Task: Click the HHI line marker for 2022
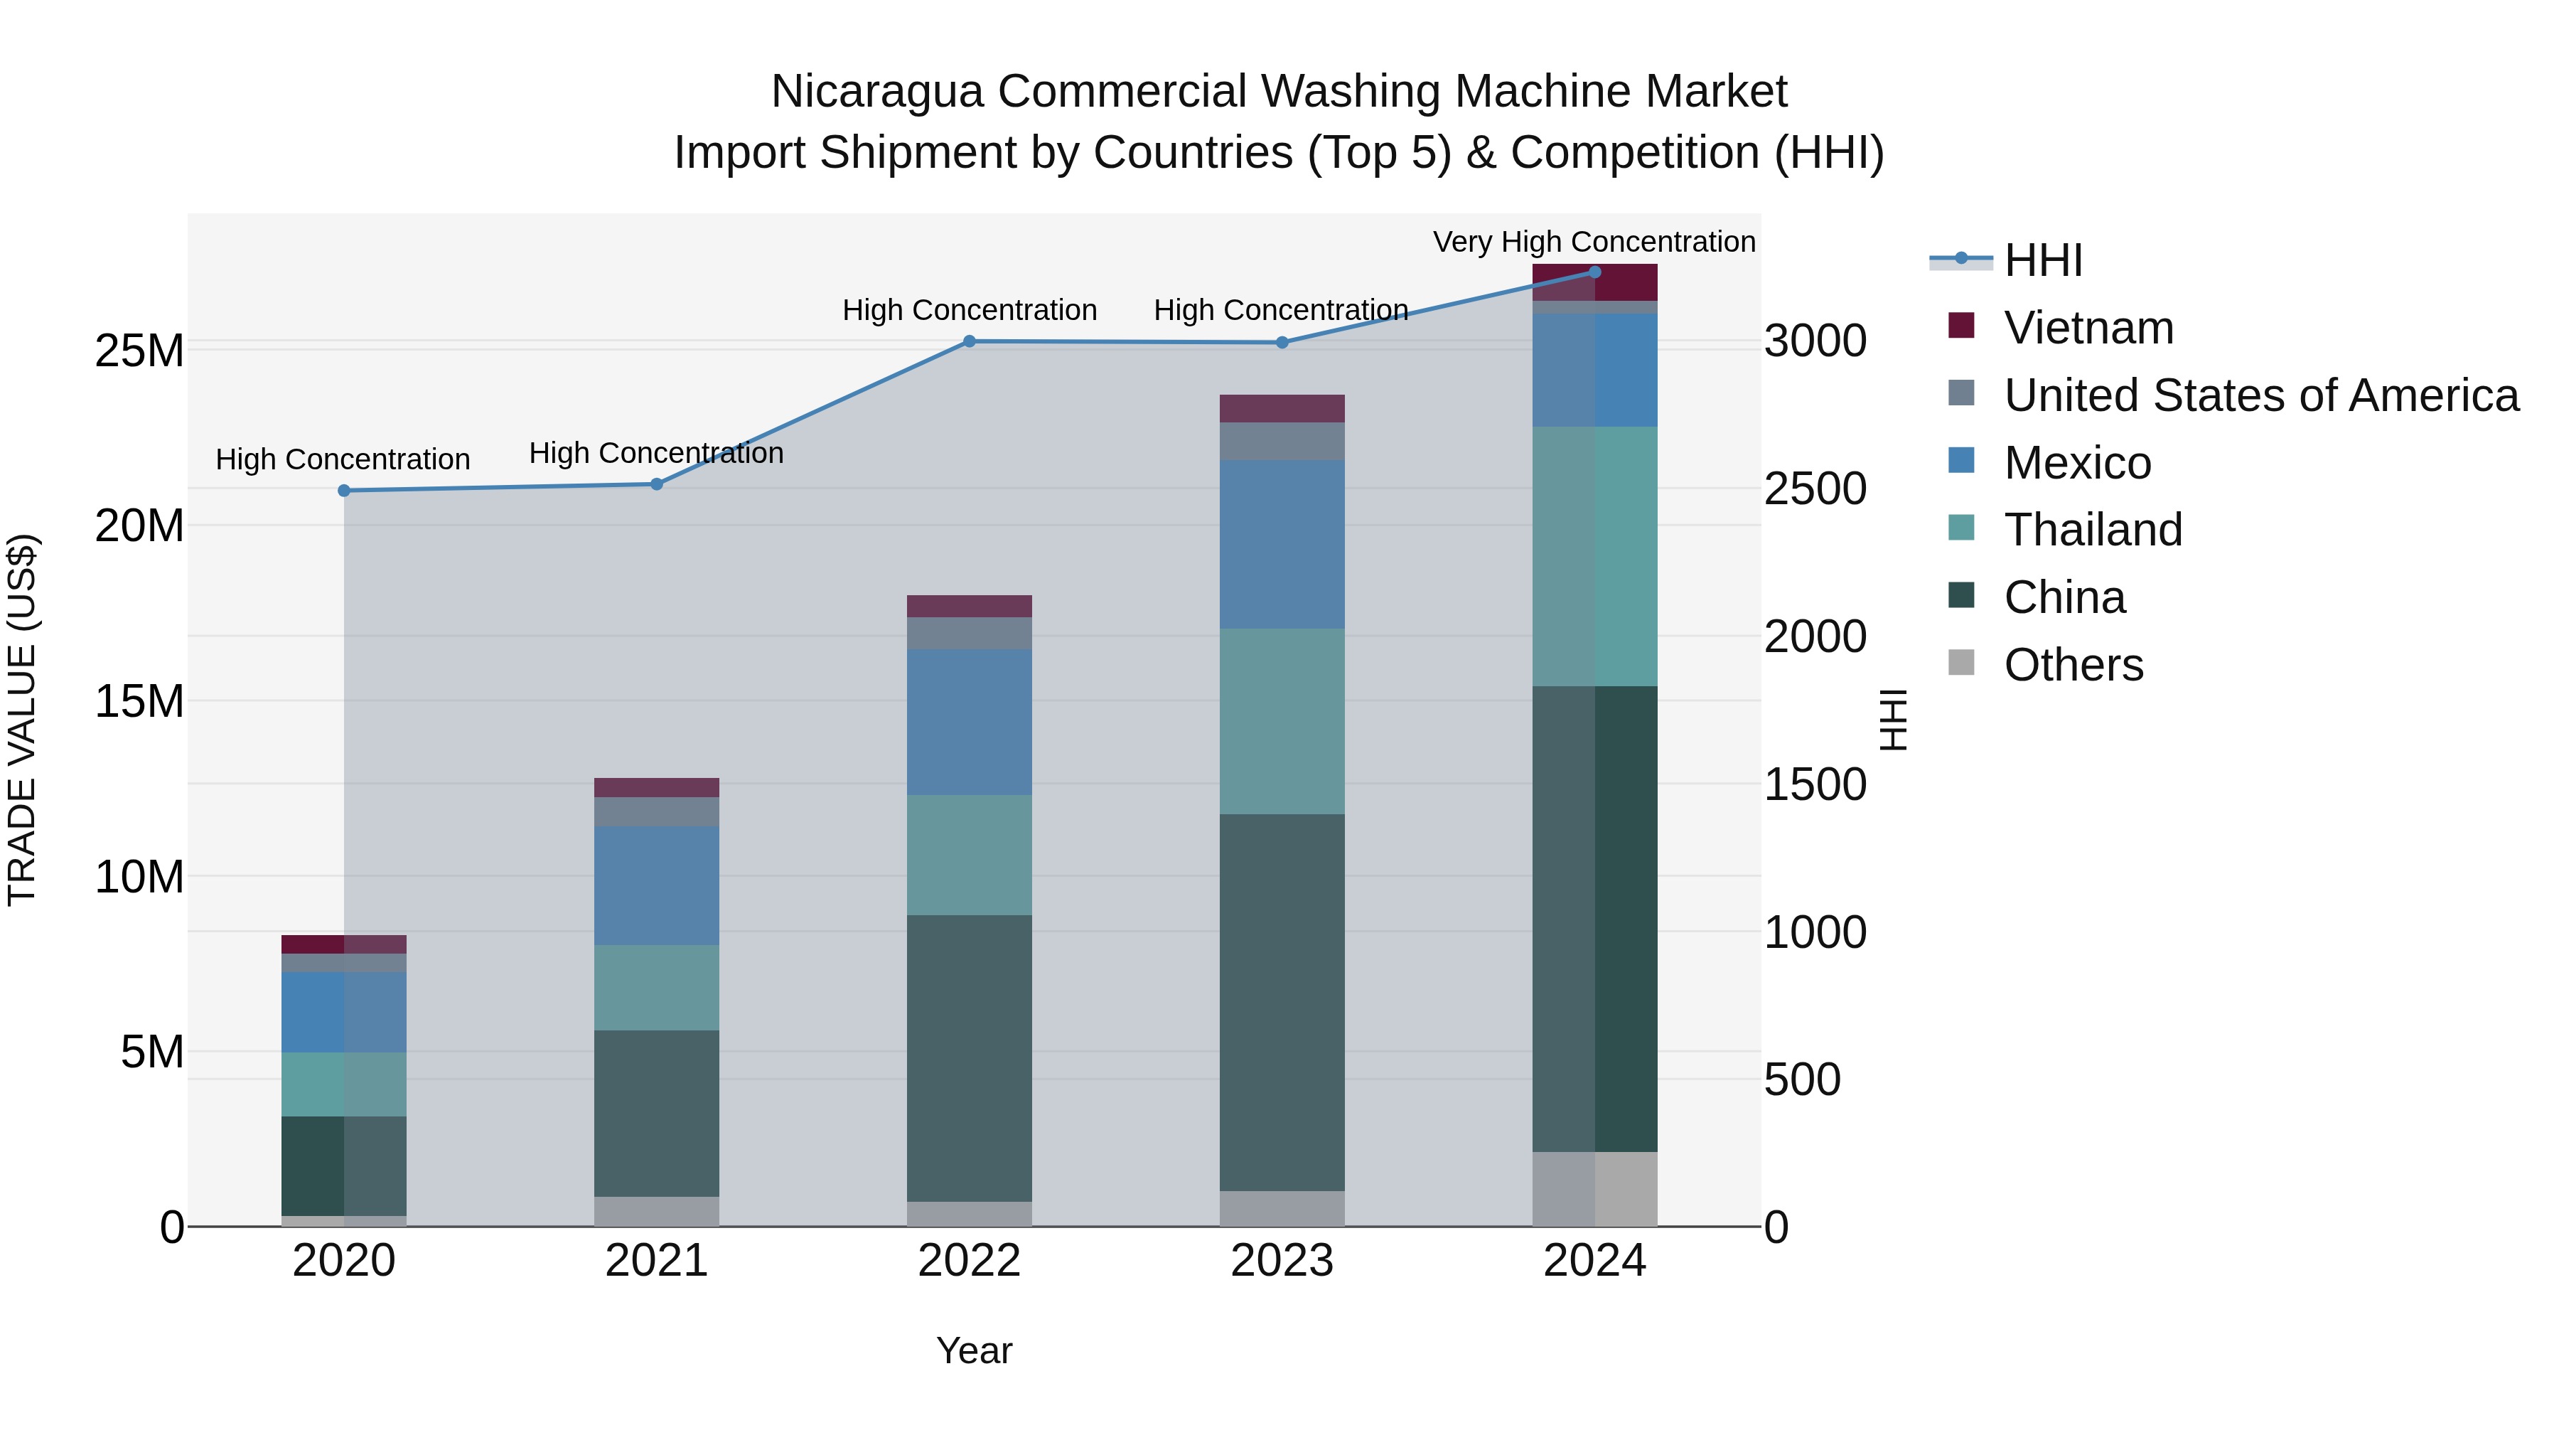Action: (970, 341)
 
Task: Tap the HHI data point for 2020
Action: (344, 490)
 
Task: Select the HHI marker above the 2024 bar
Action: (1594, 272)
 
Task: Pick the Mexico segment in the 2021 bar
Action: (657, 885)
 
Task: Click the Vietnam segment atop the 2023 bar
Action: (1282, 408)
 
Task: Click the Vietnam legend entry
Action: (2088, 328)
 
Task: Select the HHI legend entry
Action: (2042, 260)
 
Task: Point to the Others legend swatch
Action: (1961, 663)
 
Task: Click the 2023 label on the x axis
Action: (1282, 1261)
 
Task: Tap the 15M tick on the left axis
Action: (139, 702)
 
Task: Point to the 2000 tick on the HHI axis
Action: (1814, 637)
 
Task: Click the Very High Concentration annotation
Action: (1594, 242)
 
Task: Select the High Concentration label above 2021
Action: (655, 453)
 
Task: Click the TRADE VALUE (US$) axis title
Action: (22, 720)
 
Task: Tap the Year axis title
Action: (974, 1350)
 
